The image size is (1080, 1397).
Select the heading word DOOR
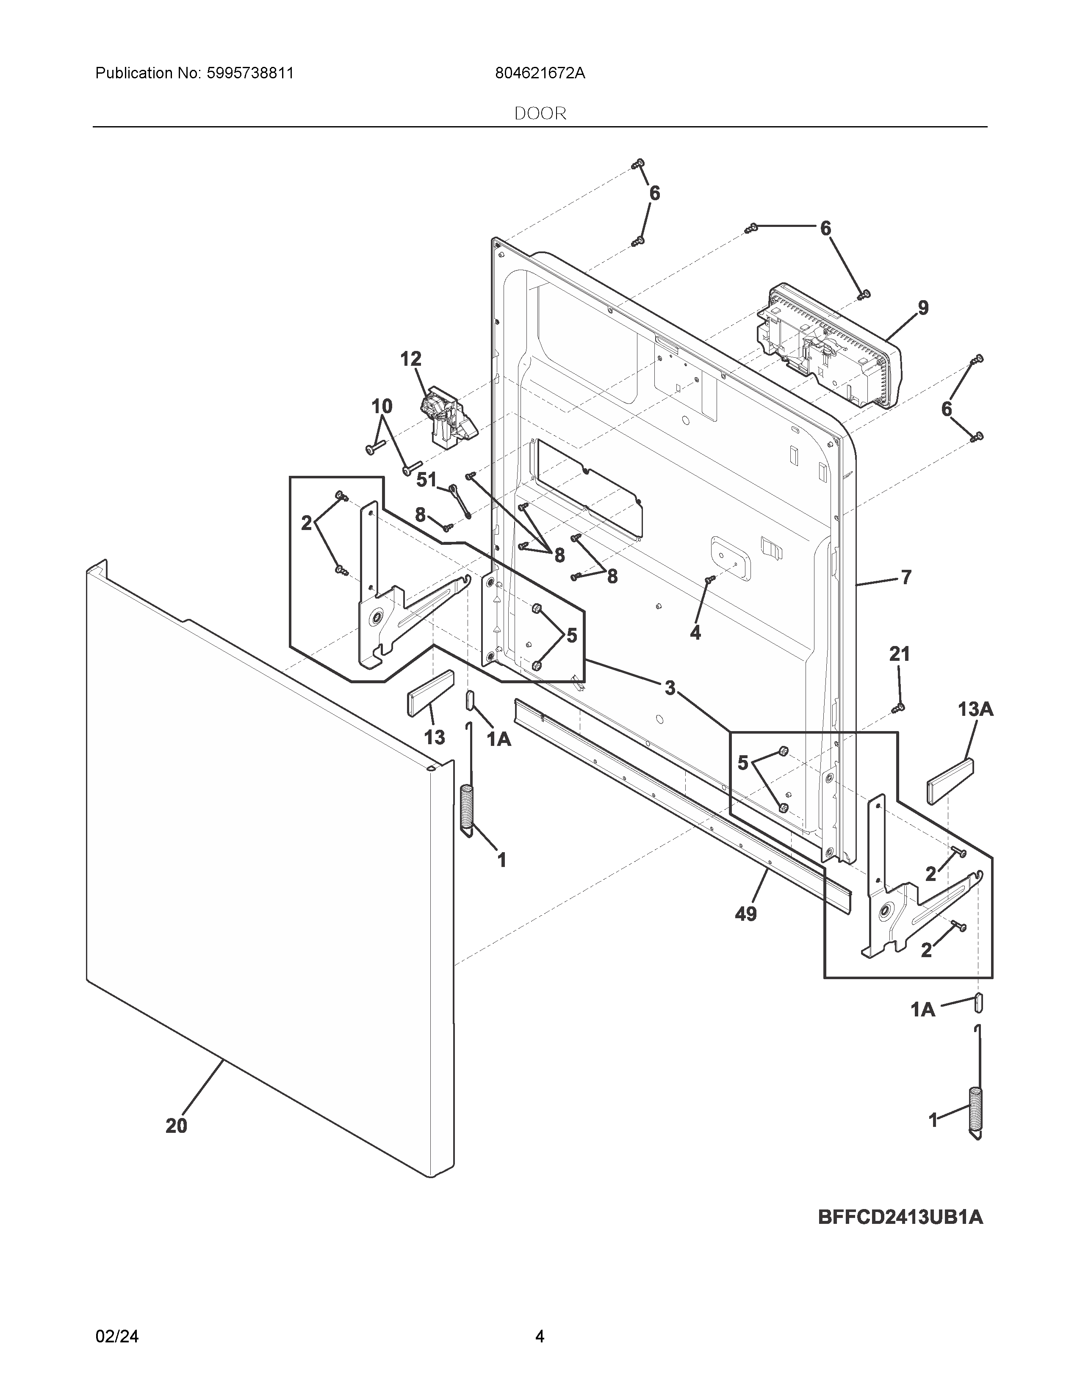[540, 114]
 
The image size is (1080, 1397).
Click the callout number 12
[411, 359]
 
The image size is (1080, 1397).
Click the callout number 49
[746, 914]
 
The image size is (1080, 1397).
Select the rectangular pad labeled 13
[430, 693]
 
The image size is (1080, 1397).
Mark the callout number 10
[382, 406]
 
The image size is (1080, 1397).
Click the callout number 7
[906, 577]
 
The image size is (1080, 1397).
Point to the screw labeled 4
[709, 580]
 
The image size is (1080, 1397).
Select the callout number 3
[669, 688]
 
